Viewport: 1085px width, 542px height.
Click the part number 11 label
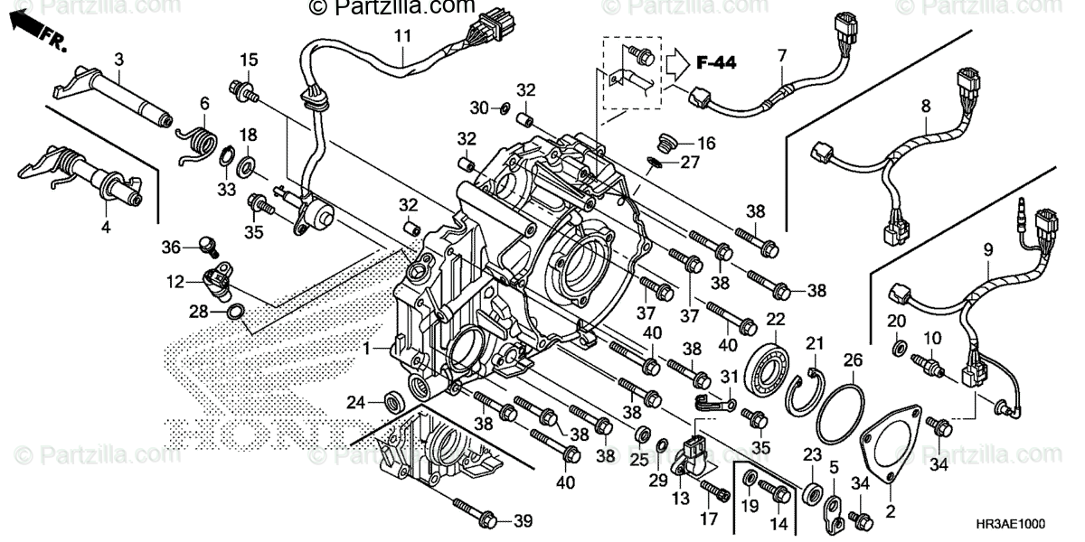[401, 37]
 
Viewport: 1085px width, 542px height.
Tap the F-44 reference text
[715, 62]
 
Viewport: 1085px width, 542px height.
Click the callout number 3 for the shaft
[118, 60]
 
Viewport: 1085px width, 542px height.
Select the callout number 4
[106, 228]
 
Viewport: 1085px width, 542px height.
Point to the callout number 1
[367, 348]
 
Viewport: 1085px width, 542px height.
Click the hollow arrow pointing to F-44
[679, 63]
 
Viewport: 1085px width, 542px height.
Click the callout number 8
[925, 106]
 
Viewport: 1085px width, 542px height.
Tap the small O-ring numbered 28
[235, 313]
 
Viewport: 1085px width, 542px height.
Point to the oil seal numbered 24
[395, 400]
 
